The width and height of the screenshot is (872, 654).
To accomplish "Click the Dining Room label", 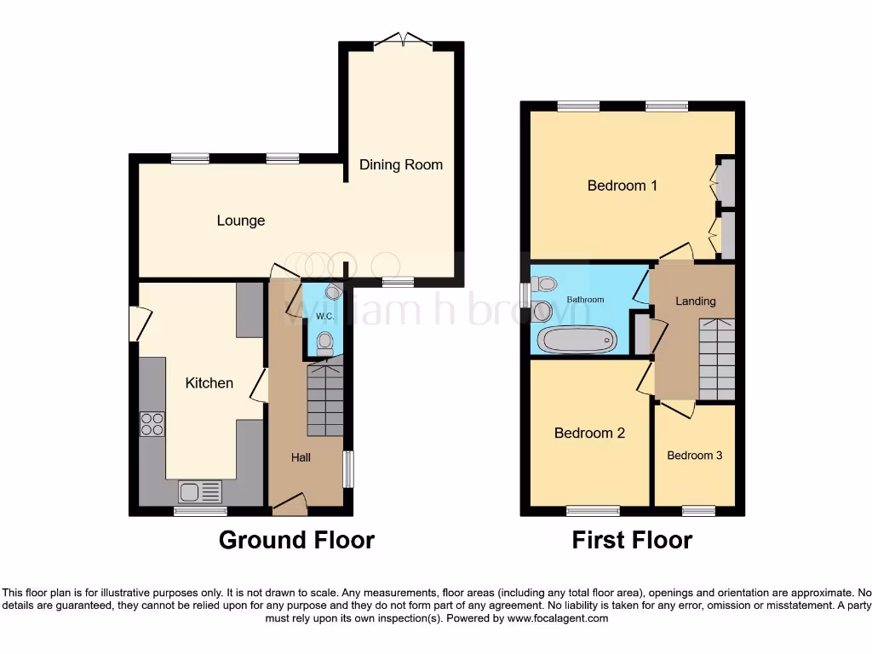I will (x=400, y=164).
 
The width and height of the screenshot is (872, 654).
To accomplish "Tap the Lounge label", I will (x=240, y=221).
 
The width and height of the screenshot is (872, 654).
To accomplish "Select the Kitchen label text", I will (x=209, y=383).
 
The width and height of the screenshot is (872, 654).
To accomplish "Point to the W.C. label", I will (x=324, y=317).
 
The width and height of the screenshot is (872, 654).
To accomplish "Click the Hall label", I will (x=301, y=457).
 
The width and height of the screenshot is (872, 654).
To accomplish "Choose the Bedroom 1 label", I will (x=622, y=185).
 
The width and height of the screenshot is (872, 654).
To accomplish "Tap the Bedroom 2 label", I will (x=589, y=433).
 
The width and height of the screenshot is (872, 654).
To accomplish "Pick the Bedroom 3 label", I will (x=694, y=456).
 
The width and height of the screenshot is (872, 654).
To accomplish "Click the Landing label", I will (x=695, y=301).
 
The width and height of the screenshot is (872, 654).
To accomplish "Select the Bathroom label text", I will (x=585, y=300).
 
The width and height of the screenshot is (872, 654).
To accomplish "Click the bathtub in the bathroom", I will (x=577, y=340).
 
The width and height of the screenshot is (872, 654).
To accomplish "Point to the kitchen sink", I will (x=199, y=491).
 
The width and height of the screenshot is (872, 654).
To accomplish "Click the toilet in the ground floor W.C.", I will (x=324, y=343).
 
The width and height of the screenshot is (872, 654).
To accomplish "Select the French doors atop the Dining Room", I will (x=404, y=39).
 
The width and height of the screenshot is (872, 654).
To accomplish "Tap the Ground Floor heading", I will (x=296, y=540).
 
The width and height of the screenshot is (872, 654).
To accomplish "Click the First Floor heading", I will (x=631, y=540).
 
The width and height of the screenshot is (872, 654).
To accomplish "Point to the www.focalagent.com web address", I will (x=557, y=618).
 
